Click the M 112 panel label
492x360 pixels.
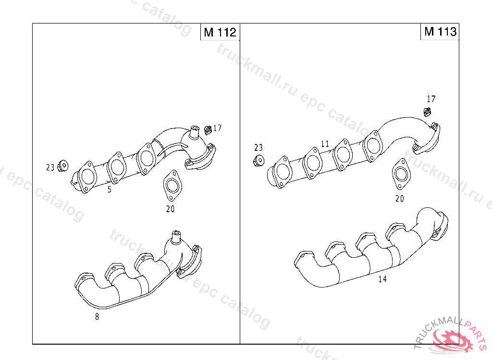click(220, 32)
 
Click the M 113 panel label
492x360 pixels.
click(440, 31)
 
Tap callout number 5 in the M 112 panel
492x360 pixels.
click(110, 190)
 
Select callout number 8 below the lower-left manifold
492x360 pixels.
click(97, 317)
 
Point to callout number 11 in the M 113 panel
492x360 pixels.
click(325, 144)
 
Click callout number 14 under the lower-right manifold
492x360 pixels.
click(382, 279)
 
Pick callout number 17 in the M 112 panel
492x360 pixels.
click(218, 128)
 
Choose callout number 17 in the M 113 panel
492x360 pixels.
click(431, 99)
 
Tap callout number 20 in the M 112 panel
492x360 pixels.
click(171, 209)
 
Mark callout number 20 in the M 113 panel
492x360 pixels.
click(400, 199)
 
